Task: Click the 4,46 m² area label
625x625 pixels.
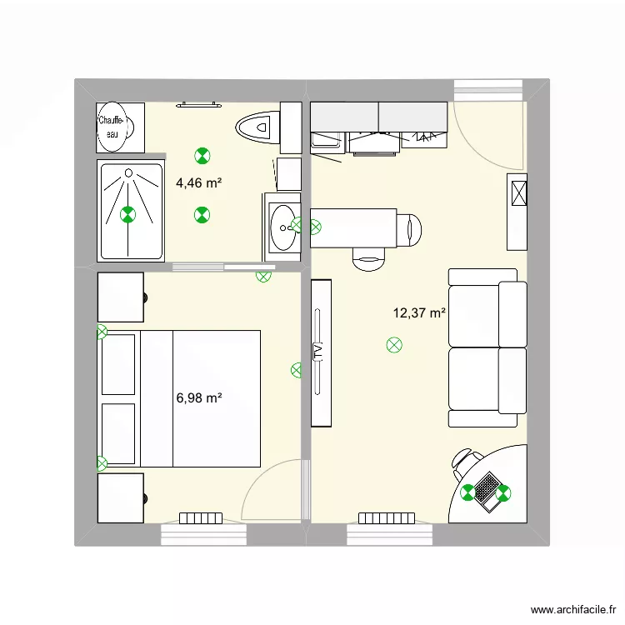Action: pyautogui.click(x=199, y=183)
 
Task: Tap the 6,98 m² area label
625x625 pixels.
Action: pyautogui.click(x=199, y=397)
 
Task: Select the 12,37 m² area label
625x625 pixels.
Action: pyautogui.click(x=419, y=312)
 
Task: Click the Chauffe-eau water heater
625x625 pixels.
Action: pyautogui.click(x=115, y=127)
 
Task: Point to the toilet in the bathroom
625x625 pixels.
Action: pyautogui.click(x=257, y=127)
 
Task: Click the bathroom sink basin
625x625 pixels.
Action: pyautogui.click(x=283, y=228)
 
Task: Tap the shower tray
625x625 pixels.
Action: pyautogui.click(x=131, y=211)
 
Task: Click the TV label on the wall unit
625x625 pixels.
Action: pyautogui.click(x=318, y=352)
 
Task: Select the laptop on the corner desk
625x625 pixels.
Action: pyautogui.click(x=487, y=492)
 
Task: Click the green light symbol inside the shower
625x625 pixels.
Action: pyautogui.click(x=128, y=214)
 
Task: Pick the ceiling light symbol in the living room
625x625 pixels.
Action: pyautogui.click(x=394, y=345)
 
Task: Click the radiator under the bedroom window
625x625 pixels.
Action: pyautogui.click(x=201, y=518)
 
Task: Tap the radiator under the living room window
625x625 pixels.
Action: pyautogui.click(x=387, y=518)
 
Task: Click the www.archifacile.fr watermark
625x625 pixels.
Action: pyautogui.click(x=573, y=609)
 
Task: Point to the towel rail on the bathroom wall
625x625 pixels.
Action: pyautogui.click(x=199, y=105)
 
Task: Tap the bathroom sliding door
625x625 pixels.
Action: pyautogui.click(x=223, y=267)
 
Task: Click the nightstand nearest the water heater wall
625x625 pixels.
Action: pyautogui.click(x=120, y=297)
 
